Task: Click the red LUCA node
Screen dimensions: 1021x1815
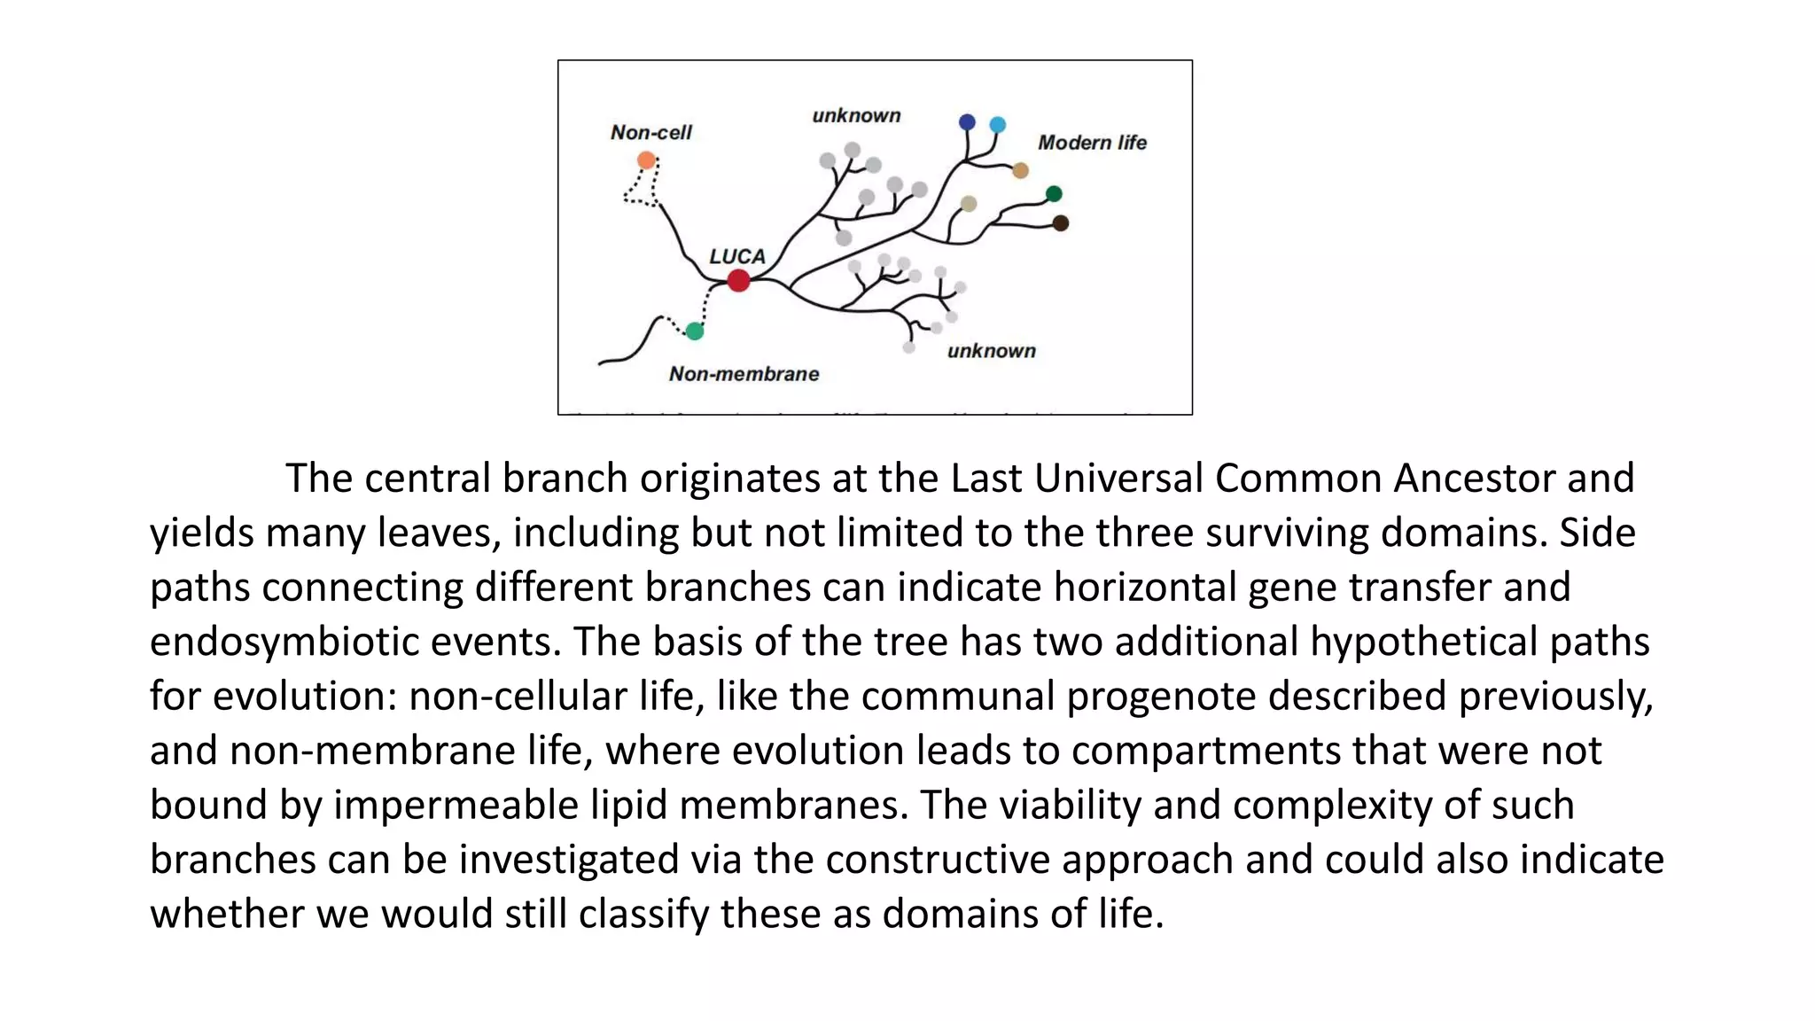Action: [738, 281]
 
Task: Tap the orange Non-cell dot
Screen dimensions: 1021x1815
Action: [646, 160]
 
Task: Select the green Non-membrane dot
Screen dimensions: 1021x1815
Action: [695, 331]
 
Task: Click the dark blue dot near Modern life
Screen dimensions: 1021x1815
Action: [967, 122]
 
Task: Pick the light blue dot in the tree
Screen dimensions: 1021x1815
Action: [997, 125]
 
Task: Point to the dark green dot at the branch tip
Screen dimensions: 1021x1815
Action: [1054, 194]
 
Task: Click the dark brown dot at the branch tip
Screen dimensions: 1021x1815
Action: [1060, 223]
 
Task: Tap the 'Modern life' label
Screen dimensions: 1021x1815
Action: [1092, 143]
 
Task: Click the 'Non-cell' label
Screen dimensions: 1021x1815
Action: [650, 133]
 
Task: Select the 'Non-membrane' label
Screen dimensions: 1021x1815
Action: [744, 374]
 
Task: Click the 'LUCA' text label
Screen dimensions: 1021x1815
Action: [737, 256]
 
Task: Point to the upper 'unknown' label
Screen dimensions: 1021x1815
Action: [856, 116]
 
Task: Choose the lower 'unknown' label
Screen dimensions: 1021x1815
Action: [991, 351]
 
